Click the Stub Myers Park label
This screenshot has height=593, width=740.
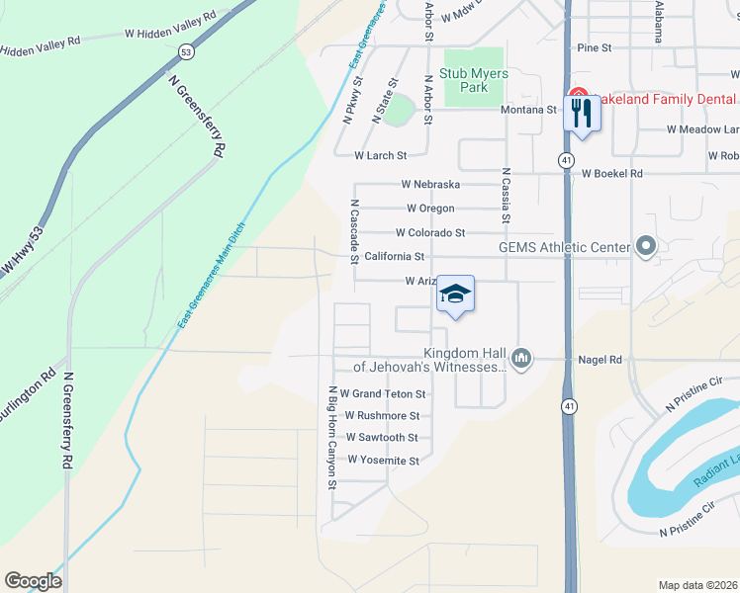coord(474,80)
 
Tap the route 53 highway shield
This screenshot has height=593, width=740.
coord(185,49)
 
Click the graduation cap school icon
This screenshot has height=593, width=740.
coord(455,294)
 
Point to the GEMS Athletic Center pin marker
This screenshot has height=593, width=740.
coord(647,246)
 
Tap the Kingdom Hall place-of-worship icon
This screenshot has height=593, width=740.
coord(523,358)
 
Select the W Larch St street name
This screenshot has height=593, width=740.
coord(381,155)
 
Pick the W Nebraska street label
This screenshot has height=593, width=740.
coord(430,184)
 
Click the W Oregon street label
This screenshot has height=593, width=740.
coord(430,209)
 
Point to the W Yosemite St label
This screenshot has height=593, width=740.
coord(382,461)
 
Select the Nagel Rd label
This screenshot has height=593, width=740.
coord(601,360)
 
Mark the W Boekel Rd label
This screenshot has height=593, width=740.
coord(612,174)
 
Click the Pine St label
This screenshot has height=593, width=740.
coord(595,46)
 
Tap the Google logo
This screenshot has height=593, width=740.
coord(33,581)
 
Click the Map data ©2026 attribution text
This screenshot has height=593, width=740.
coord(697,585)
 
